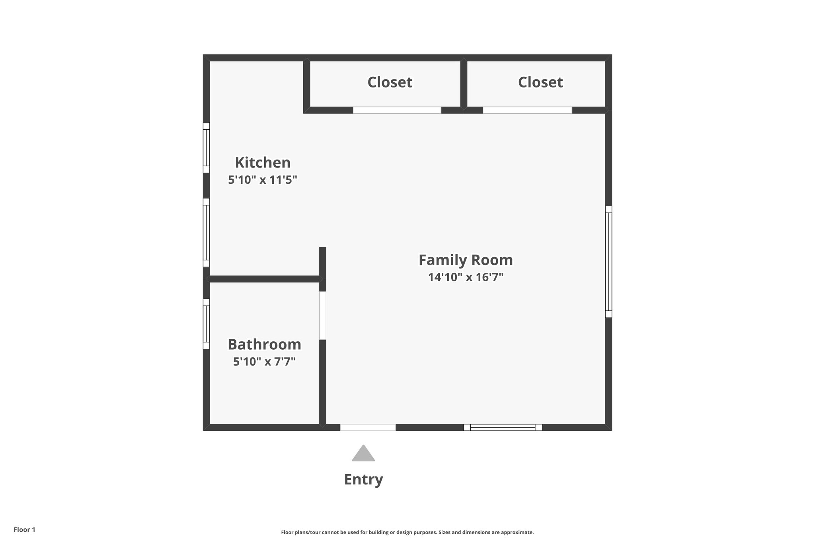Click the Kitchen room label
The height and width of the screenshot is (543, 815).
263,163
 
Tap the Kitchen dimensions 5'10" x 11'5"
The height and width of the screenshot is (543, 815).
263,180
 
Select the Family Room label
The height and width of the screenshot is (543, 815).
466,260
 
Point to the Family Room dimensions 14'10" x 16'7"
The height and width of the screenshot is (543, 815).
466,277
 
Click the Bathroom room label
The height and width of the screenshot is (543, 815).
264,344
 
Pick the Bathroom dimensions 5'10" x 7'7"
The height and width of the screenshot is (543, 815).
264,362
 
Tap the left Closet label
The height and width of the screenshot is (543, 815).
390,82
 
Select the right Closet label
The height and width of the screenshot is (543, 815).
540,82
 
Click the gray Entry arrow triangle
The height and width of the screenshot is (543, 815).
363,454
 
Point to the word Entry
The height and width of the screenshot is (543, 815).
363,479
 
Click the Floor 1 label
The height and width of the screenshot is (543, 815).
25,530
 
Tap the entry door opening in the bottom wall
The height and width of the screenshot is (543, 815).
368,428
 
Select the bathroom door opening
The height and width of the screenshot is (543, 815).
323,315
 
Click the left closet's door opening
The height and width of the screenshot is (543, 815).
397,110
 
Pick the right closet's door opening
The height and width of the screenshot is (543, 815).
527,110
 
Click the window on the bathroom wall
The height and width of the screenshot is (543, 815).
206,324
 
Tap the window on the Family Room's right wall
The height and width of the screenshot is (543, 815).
608,261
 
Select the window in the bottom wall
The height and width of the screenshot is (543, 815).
503,428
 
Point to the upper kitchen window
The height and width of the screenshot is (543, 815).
206,148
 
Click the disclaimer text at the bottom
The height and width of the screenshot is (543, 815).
407,532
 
